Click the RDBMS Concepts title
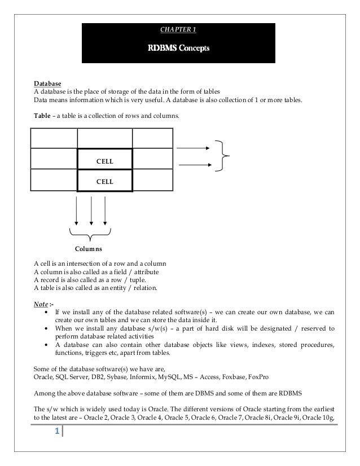(178, 49)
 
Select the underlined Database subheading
(48, 84)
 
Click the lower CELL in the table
(105, 182)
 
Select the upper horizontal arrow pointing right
(194, 148)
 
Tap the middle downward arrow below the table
(91, 212)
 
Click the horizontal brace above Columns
(90, 233)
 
